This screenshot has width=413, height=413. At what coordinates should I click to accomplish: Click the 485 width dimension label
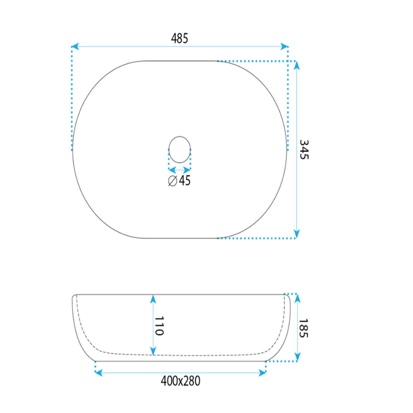(179, 39)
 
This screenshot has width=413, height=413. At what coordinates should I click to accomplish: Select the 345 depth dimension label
(304, 149)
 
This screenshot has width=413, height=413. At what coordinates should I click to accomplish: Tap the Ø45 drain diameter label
(179, 180)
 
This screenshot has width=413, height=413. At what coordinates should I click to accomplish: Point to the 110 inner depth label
(159, 326)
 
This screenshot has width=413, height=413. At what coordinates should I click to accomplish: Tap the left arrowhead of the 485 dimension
(75, 46)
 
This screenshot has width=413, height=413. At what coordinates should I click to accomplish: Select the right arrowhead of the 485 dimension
(284, 46)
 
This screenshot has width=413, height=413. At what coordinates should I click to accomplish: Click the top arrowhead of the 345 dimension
(296, 65)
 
